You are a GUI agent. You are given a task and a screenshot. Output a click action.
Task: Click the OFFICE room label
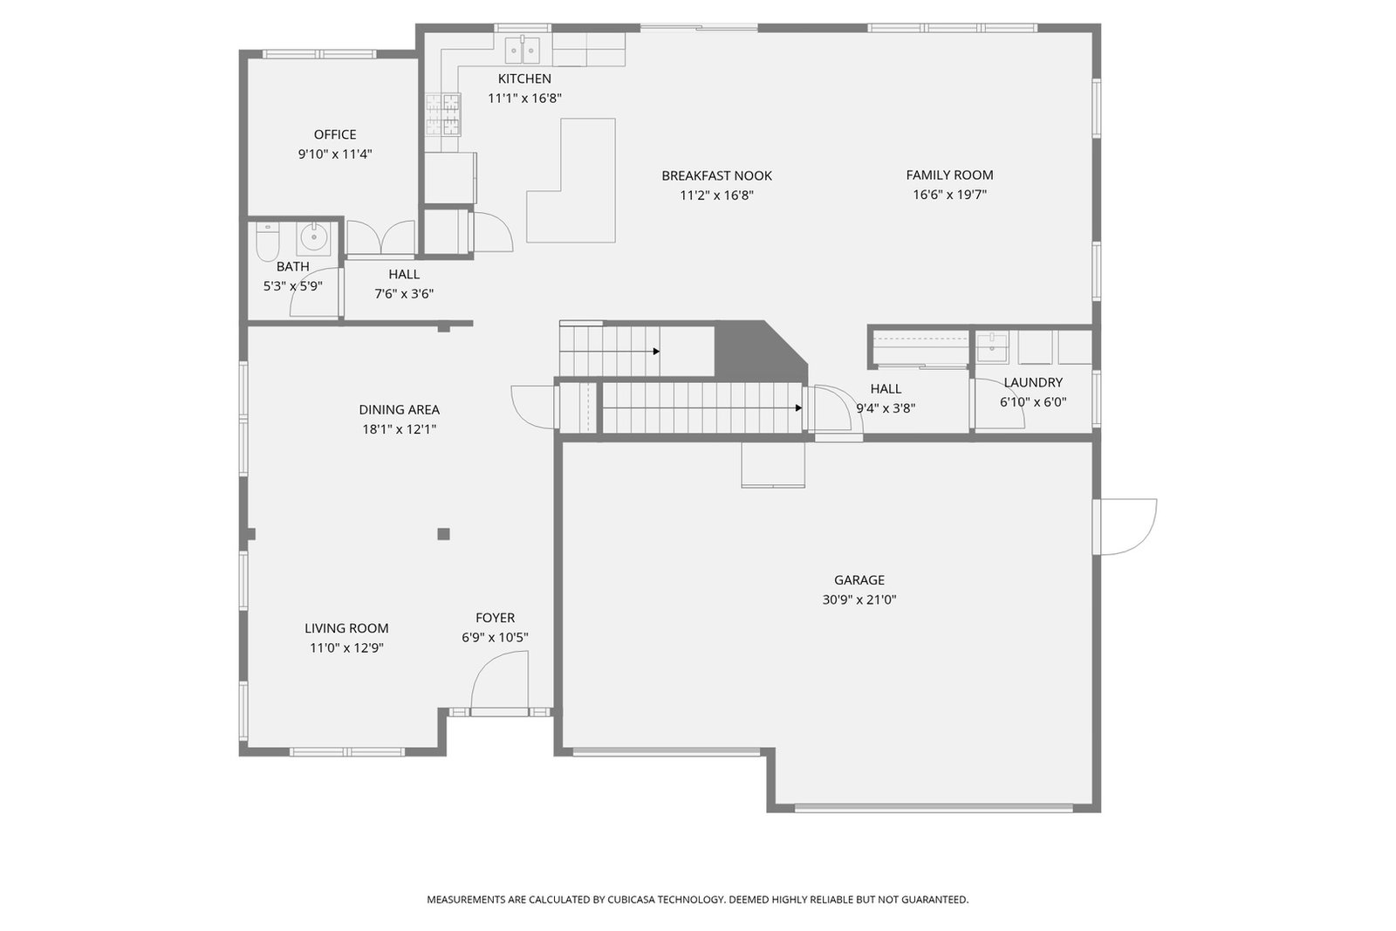pos(335,134)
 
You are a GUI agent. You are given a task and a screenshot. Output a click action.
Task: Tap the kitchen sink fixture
pos(523,51)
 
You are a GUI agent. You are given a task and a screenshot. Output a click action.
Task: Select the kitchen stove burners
pos(444,114)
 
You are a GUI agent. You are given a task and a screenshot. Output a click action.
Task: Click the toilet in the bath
pos(267,242)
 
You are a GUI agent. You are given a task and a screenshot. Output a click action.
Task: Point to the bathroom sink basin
pos(313,237)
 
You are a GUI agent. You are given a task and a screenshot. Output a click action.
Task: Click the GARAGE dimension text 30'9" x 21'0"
pos(859,599)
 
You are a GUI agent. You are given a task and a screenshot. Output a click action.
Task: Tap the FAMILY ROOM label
pos(950,175)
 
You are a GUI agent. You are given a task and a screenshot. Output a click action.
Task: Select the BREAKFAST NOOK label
pos(716,175)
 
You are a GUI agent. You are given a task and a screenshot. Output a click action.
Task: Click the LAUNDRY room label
pos(1033,383)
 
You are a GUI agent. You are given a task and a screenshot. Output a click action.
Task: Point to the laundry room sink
pos(992,348)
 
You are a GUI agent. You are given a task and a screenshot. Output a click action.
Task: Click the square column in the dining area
pos(444,534)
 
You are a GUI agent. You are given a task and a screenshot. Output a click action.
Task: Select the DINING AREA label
pos(400,410)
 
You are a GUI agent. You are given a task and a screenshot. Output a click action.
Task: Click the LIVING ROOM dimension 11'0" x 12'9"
pos(346,648)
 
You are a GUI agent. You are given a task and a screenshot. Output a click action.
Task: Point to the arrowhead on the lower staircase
pos(799,408)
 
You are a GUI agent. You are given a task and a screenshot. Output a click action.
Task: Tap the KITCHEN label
pos(524,79)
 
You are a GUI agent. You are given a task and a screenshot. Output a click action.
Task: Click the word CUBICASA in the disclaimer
pos(631,900)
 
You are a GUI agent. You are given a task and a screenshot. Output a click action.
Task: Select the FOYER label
pos(496,618)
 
